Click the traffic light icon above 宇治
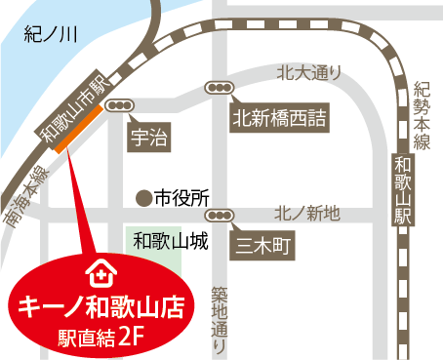[122, 104]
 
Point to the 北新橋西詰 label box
[277, 120]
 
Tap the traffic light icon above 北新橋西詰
[219, 88]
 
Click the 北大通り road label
[309, 71]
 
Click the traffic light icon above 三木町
[221, 215]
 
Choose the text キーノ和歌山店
[97, 307]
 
